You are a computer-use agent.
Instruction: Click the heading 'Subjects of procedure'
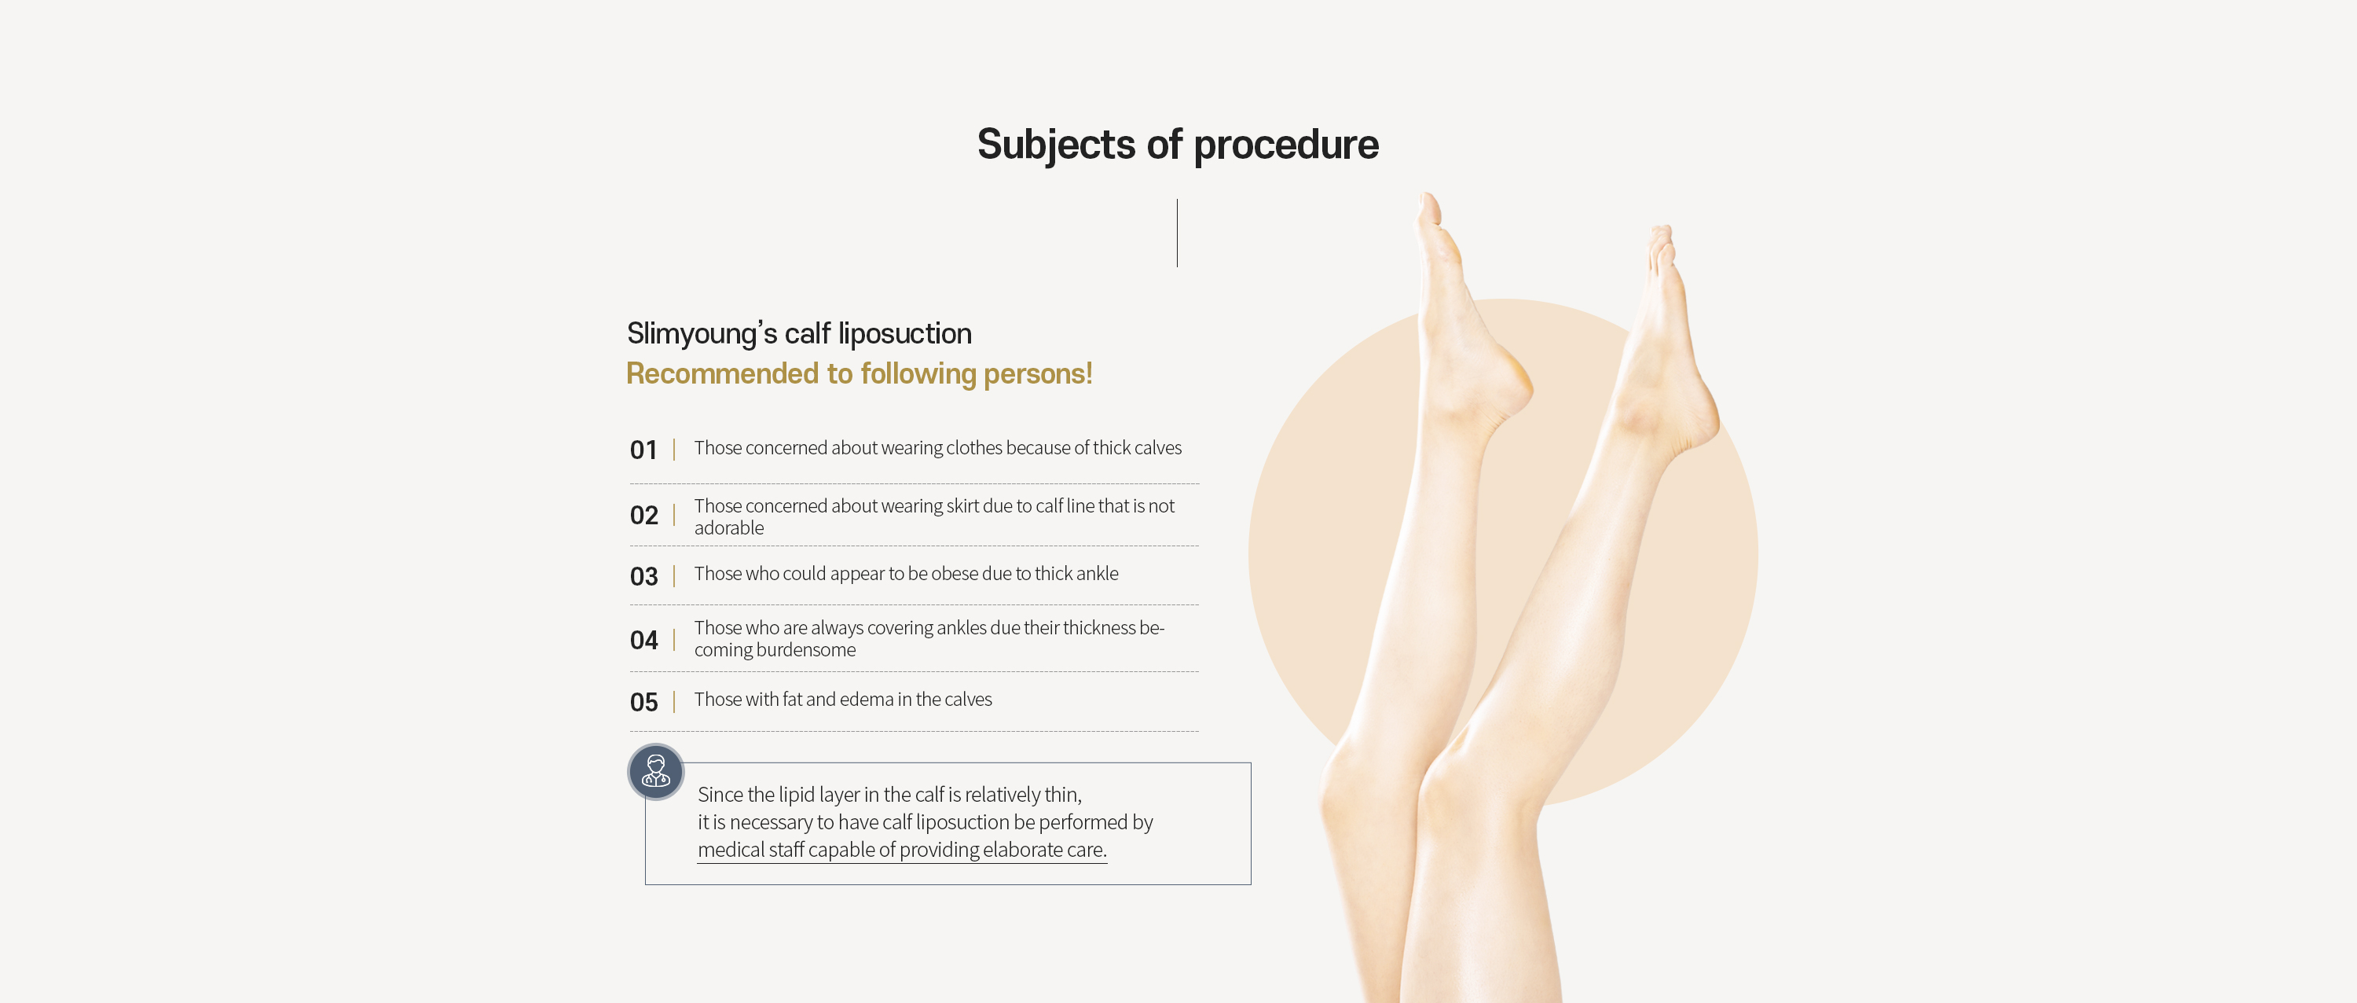pyautogui.click(x=1178, y=145)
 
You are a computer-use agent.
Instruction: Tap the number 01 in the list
pyautogui.click(x=643, y=450)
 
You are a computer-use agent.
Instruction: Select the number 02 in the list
pyautogui.click(x=643, y=515)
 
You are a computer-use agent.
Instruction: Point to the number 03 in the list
pyautogui.click(x=643, y=576)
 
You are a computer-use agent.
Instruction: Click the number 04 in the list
pyautogui.click(x=643, y=640)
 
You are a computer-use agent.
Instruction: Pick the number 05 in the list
pyautogui.click(x=643, y=702)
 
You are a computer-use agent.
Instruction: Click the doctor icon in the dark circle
pyautogui.click(x=655, y=771)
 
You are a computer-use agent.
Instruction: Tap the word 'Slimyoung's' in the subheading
pyautogui.click(x=702, y=334)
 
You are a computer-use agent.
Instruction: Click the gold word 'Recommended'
pyautogui.click(x=722, y=373)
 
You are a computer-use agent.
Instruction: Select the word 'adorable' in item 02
pyautogui.click(x=728, y=528)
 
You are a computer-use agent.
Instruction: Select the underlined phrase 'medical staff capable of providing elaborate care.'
pyautogui.click(x=902, y=851)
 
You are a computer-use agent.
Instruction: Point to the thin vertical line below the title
pyautogui.click(x=1177, y=233)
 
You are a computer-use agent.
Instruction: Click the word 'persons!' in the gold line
pyautogui.click(x=1038, y=374)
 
